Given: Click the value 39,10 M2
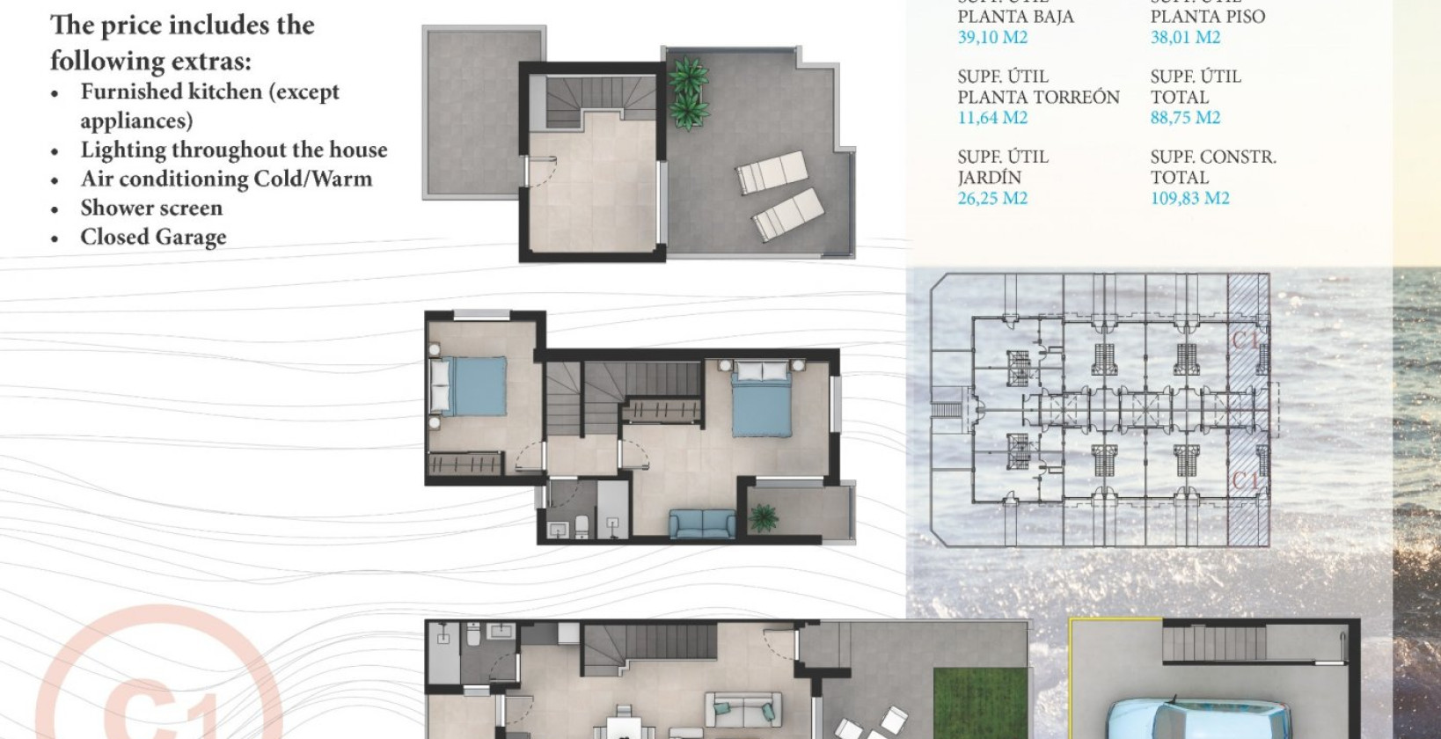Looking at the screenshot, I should pyautogui.click(x=992, y=37).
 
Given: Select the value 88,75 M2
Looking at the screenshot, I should pyautogui.click(x=1185, y=118).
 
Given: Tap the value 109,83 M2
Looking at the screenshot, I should pyautogui.click(x=1189, y=198).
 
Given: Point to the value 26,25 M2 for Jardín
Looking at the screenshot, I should pyautogui.click(x=992, y=198).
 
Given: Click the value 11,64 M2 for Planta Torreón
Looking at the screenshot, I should pyautogui.click(x=992, y=118).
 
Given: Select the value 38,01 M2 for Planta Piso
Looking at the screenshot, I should pyautogui.click(x=1185, y=37).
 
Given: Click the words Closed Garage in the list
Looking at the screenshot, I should pyautogui.click(x=153, y=238).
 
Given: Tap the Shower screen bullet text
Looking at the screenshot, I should pyautogui.click(x=151, y=209).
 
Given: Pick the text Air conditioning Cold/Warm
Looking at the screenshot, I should pyautogui.click(x=226, y=179).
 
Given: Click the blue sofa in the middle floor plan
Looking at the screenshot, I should pyautogui.click(x=702, y=523).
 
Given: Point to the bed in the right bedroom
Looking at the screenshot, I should pyautogui.click(x=761, y=399).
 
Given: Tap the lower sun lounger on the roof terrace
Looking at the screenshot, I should pyautogui.click(x=788, y=216).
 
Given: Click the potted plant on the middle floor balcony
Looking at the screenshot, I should pyautogui.click(x=763, y=517).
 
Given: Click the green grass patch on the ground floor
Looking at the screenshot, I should pyautogui.click(x=979, y=704).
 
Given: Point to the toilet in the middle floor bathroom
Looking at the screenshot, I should pyautogui.click(x=582, y=527).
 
